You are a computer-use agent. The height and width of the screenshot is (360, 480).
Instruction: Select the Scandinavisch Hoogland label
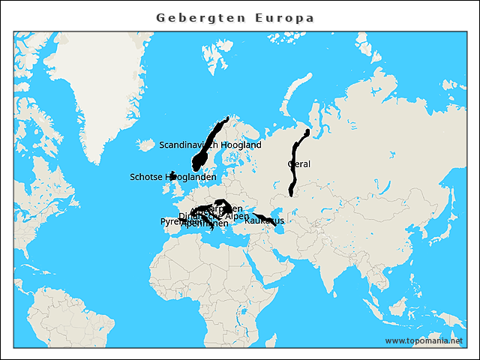tap(210, 145)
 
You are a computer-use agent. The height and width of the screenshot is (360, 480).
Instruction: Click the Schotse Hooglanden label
tap(173, 177)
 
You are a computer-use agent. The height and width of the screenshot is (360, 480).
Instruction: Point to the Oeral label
tap(298, 163)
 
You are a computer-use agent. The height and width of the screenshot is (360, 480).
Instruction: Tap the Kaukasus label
tap(264, 220)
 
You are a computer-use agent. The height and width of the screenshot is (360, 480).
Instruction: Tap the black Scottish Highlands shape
tap(172, 175)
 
